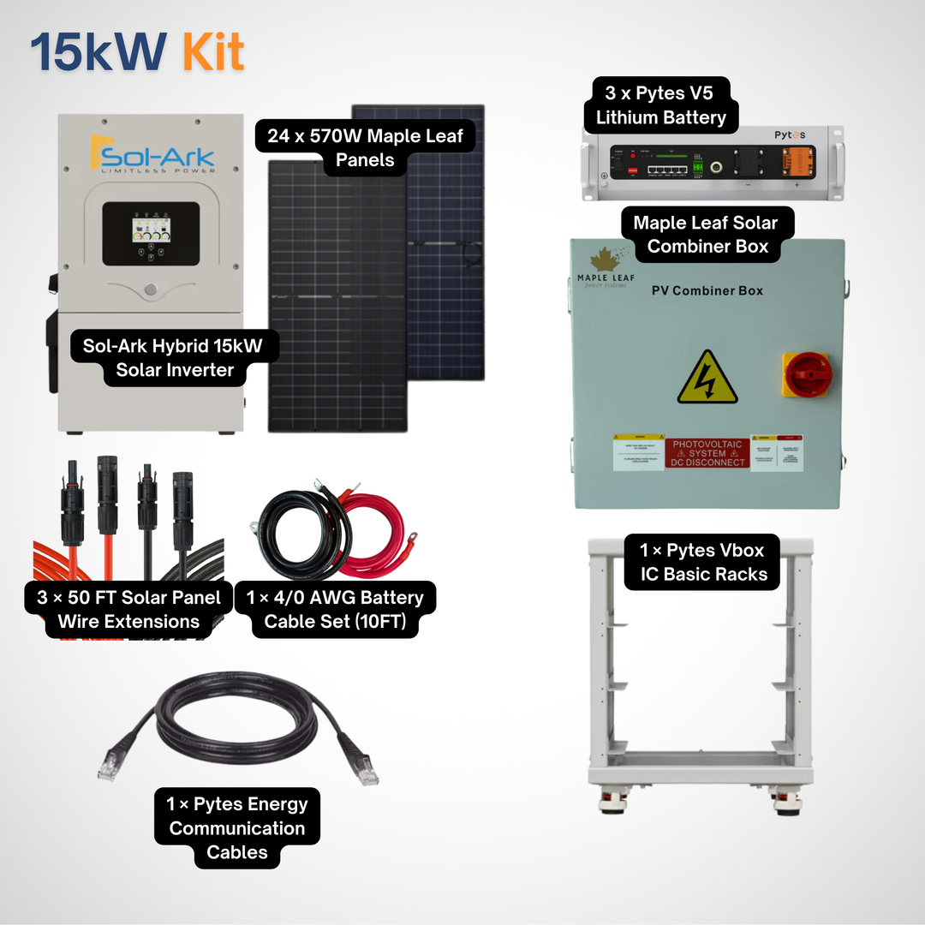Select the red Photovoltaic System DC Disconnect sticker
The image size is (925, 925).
click(707, 454)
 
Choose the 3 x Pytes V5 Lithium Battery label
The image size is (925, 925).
click(660, 105)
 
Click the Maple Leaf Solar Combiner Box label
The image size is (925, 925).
click(705, 235)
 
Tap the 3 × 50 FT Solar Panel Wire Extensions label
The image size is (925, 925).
click(128, 609)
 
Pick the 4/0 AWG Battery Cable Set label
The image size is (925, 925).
click(335, 609)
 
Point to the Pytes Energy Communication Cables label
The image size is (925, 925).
click(236, 828)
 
